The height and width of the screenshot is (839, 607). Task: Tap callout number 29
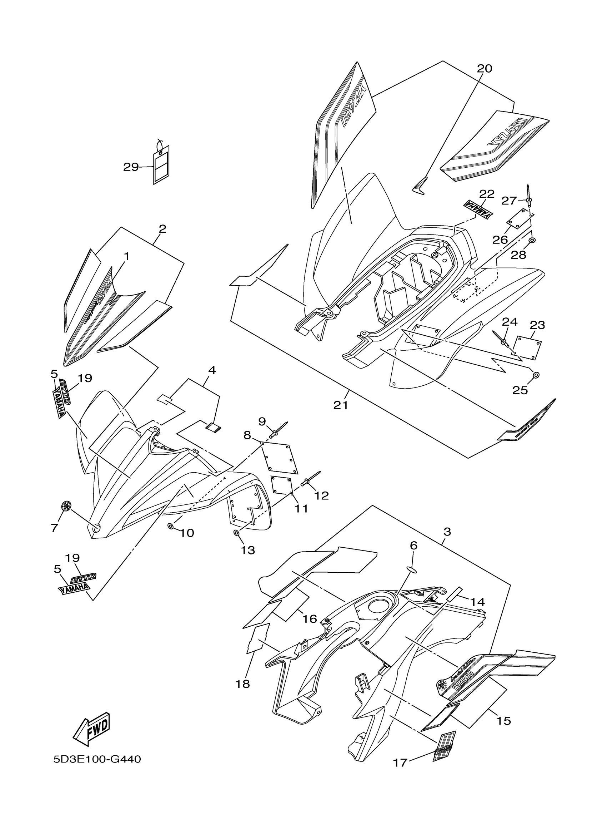point(131,167)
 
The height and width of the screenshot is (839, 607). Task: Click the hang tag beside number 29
point(161,164)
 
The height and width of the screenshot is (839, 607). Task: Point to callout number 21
point(341,405)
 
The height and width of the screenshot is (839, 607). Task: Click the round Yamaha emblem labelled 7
point(66,505)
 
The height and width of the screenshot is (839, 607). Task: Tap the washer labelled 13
point(236,533)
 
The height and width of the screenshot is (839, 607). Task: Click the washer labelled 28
point(532,241)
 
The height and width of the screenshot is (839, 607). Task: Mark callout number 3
point(447,532)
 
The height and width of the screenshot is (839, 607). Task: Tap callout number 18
point(243,684)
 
